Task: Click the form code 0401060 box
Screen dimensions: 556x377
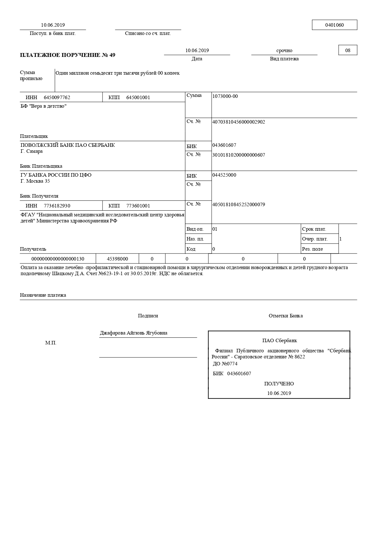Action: pos(334,25)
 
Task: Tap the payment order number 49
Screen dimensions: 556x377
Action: pos(112,55)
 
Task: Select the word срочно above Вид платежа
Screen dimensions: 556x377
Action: pos(284,51)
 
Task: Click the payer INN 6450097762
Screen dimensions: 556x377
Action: pos(57,98)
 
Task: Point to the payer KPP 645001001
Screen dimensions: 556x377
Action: pos(138,98)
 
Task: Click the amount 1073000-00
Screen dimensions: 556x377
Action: pos(225,96)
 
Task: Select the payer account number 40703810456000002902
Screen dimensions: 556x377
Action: pos(238,122)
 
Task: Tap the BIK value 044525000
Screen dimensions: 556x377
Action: pos(224,175)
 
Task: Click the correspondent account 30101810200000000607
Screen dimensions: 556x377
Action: pos(238,155)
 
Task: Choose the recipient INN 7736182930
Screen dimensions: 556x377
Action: pos(57,206)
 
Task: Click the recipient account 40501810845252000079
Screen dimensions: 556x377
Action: pos(238,205)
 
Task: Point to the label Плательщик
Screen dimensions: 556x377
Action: pos(34,136)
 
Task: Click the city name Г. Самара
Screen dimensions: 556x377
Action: pos(31,151)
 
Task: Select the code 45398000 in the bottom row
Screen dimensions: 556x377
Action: pos(117,259)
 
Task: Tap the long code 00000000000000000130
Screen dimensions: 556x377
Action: pos(58,259)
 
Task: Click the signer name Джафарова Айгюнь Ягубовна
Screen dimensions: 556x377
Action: pos(134,333)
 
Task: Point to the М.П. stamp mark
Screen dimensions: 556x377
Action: pos(51,343)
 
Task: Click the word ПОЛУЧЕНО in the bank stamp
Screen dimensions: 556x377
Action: pos(279,384)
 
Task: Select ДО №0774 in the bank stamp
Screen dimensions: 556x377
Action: pos(225,364)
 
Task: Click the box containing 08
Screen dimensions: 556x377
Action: pos(347,51)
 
